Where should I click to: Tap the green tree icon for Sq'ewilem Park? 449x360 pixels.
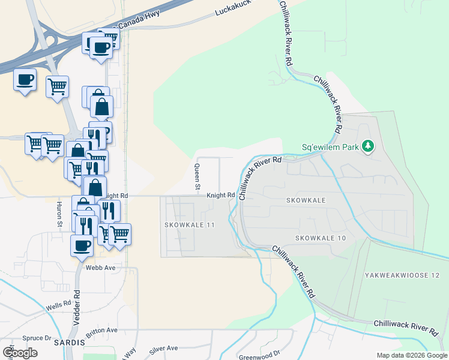(368, 146)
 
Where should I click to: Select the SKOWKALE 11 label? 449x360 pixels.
(189, 224)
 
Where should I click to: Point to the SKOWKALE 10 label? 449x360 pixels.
(321, 238)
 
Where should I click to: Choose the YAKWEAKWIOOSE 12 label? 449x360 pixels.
(402, 275)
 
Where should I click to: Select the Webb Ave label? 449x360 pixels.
(100, 268)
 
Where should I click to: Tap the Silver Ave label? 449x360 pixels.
(164, 348)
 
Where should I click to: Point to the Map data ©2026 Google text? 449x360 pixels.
(412, 355)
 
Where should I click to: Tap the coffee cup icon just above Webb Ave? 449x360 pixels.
(82, 244)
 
